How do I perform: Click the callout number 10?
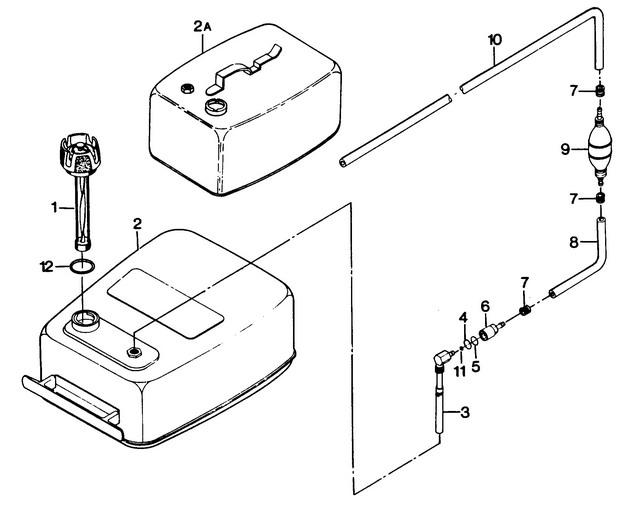tap(495, 40)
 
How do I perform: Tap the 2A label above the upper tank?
tap(202, 27)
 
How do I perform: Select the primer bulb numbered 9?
tap(599, 150)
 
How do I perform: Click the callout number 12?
tap(47, 267)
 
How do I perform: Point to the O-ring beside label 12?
tap(82, 266)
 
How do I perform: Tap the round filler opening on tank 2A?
tap(216, 107)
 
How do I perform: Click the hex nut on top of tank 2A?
tap(186, 88)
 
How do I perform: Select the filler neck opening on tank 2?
tap(85, 320)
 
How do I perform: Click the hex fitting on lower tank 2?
tap(133, 351)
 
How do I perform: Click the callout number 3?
tap(464, 413)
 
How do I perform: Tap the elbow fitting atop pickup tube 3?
tap(443, 359)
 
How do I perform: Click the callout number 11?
tap(460, 371)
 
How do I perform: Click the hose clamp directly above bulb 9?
tap(599, 90)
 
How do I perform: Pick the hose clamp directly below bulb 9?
tap(600, 199)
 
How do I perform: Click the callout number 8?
tap(574, 243)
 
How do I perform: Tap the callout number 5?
tap(476, 366)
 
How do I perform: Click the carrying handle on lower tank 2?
tap(73, 407)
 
